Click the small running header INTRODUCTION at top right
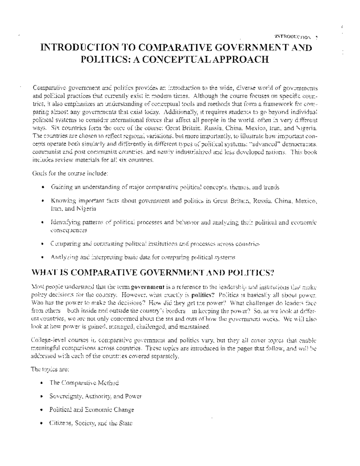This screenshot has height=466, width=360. coord(292,37)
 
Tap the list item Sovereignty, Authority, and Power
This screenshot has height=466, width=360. coord(95,396)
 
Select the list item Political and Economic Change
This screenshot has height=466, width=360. coord(91,410)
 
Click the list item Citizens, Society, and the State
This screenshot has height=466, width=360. coord(91,423)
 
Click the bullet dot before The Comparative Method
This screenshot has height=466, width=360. coord(43,383)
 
